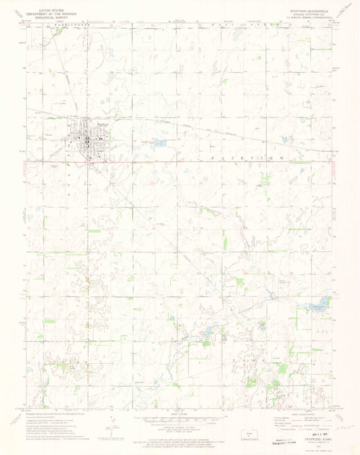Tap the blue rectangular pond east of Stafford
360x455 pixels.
(x=160, y=143)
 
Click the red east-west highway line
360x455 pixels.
(x=203, y=161)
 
